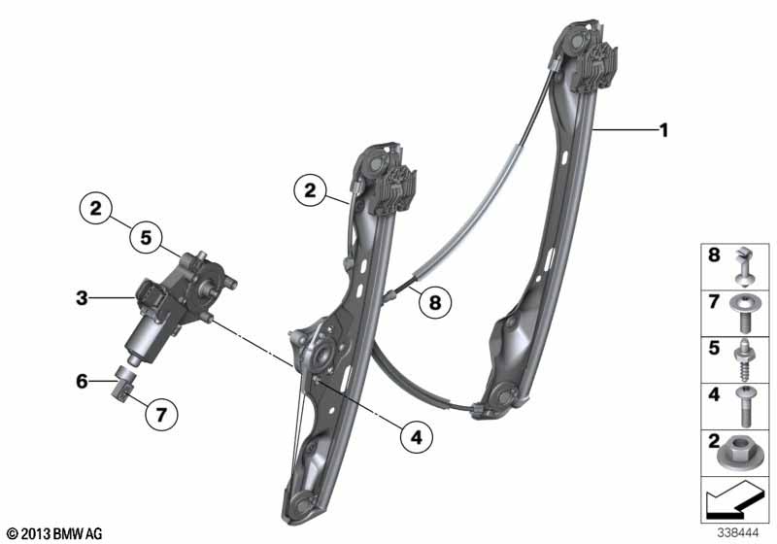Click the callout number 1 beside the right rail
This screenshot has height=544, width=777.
point(663,130)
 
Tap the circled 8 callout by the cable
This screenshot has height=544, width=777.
point(434,302)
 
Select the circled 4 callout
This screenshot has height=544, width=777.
point(417,437)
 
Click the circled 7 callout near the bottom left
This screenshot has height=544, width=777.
point(161,414)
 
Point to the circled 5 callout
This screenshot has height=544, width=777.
point(146,237)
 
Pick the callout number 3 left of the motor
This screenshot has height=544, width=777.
point(82,298)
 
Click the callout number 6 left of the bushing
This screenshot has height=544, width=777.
point(82,381)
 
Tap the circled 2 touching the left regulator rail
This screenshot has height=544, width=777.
point(310,190)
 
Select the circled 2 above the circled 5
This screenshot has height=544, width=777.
point(95,208)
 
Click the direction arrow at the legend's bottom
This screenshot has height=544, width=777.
point(731,499)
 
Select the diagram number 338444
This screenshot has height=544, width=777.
point(738,533)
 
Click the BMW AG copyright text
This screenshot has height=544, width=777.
point(55,533)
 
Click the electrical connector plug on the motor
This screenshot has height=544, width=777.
point(150,296)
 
